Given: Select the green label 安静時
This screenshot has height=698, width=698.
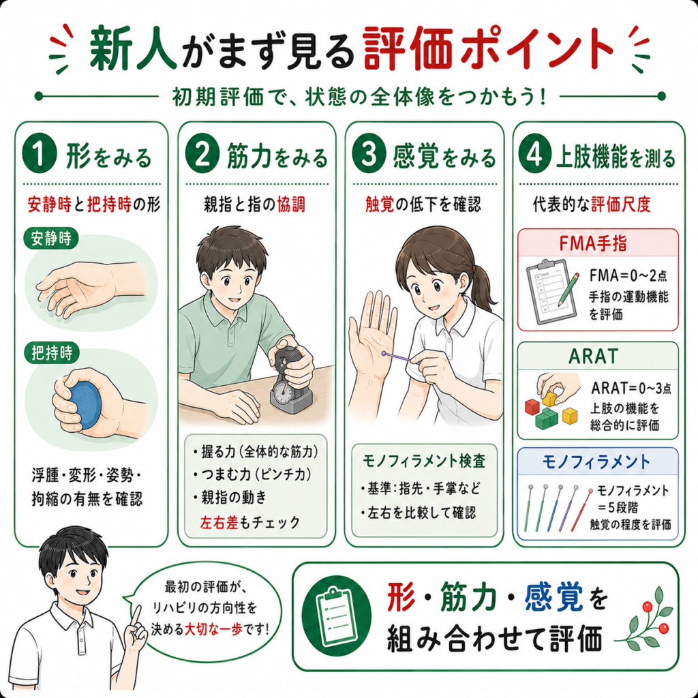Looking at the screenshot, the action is click(x=50, y=239).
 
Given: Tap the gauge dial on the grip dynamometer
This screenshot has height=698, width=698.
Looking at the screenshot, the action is click(x=282, y=393).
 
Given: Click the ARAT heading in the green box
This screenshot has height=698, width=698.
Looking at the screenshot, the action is click(x=594, y=356).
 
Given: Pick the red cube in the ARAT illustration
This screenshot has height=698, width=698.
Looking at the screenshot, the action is click(x=532, y=406).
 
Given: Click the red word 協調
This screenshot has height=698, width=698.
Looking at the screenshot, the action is click(x=291, y=204).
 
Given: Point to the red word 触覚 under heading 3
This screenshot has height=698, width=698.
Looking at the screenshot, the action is click(x=380, y=204).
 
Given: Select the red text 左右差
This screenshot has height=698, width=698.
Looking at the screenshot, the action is click(x=219, y=521).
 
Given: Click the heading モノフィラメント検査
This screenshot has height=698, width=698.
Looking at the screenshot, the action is click(x=424, y=461).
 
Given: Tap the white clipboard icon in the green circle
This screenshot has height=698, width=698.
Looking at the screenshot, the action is click(x=335, y=616).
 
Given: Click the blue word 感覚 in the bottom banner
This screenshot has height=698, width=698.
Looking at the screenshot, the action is click(x=553, y=597).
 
